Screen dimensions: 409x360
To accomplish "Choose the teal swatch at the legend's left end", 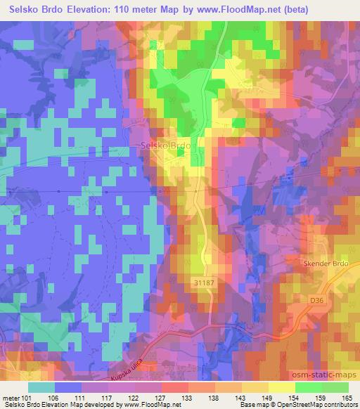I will (x=41, y=387).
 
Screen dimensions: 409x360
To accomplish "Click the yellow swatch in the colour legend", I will (x=281, y=387).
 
